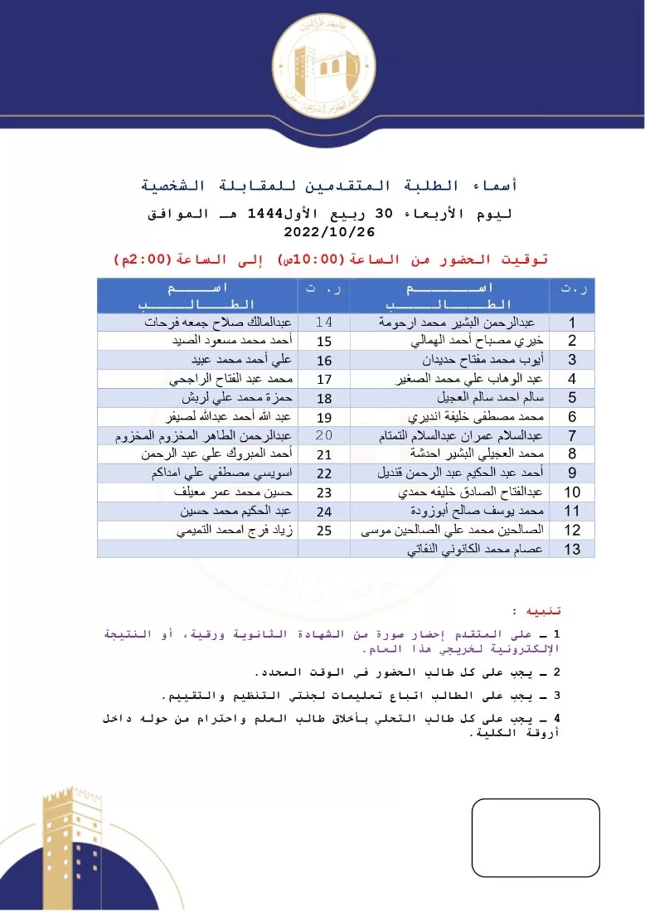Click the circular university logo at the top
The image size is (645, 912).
[323, 65]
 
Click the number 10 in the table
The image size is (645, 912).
[572, 492]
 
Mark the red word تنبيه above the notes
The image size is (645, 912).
[546, 611]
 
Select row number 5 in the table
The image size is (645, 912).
[572, 398]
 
